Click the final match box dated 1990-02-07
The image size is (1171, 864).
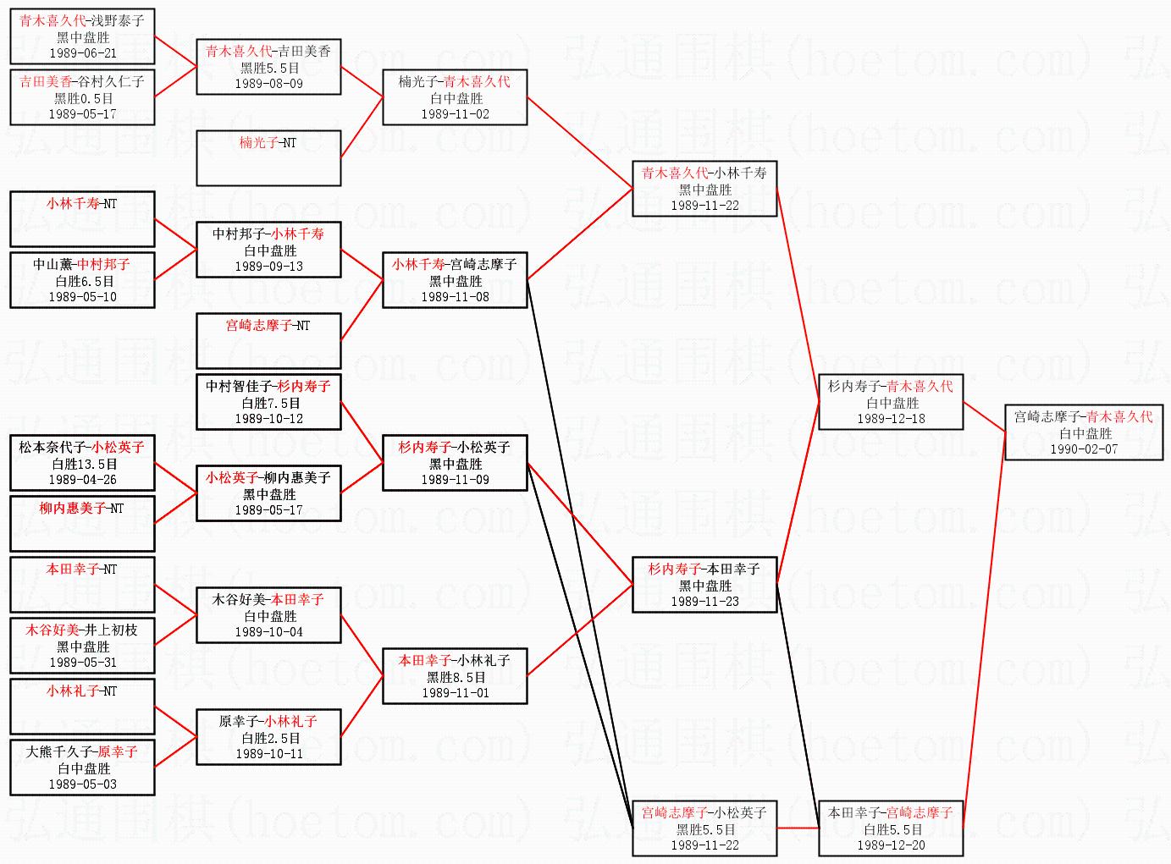coord(1083,432)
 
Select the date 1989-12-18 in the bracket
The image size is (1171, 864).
coord(891,419)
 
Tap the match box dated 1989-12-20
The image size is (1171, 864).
coord(891,828)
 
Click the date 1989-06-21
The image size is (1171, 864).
coord(83,53)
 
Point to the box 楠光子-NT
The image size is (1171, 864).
coord(268,157)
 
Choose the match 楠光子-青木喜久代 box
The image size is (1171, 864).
coord(455,97)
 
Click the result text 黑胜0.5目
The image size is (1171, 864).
coord(83,98)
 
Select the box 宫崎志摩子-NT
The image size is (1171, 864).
coord(268,340)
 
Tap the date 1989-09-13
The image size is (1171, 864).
coord(268,267)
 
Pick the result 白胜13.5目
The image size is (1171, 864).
coord(83,464)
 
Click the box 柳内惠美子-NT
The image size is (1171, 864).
coord(82,523)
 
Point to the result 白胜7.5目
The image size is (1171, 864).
coord(269,403)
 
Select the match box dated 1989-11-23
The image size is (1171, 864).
coord(704,585)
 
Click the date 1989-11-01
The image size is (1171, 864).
coord(455,693)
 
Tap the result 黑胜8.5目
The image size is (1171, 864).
coord(455,677)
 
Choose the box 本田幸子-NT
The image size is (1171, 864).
coord(82,584)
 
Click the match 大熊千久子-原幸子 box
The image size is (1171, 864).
coord(82,768)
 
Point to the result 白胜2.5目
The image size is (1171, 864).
coord(269,738)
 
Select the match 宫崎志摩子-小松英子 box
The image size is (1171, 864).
coord(704,828)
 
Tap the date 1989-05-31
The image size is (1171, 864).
coord(83,663)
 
